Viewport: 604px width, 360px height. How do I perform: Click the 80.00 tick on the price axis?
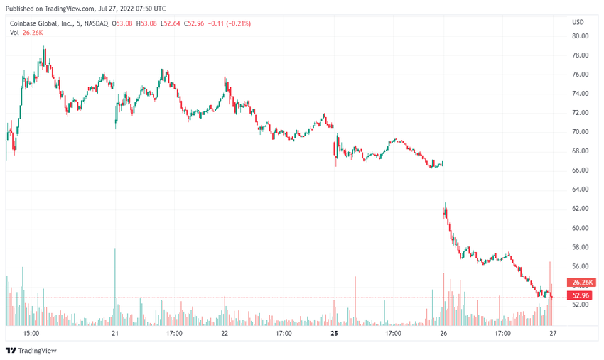[580, 36]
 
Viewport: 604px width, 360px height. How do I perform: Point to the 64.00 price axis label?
[580, 190]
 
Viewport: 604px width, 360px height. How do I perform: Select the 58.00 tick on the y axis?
[580, 247]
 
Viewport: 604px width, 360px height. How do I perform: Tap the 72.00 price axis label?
[580, 113]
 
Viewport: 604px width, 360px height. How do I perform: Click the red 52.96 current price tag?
[580, 295]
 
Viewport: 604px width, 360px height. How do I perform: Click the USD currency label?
[578, 22]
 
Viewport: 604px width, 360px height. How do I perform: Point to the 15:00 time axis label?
[31, 333]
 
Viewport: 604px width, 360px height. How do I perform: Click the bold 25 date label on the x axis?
[333, 333]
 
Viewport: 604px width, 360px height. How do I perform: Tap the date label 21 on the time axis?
[115, 333]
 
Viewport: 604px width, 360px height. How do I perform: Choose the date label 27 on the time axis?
[552, 333]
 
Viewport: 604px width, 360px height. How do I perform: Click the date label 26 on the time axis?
[443, 333]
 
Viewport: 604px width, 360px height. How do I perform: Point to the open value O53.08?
[124, 23]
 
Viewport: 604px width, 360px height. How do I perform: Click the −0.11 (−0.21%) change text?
[230, 23]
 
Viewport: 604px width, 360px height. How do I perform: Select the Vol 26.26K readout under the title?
[26, 33]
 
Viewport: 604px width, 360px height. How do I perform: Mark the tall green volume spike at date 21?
[115, 284]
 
